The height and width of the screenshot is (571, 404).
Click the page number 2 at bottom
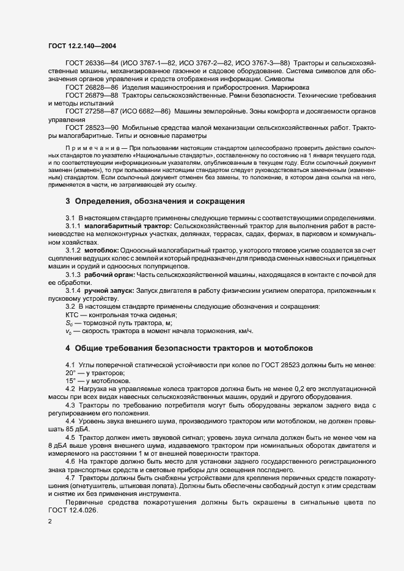point(50,522)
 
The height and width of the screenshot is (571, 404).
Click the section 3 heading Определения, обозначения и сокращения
point(155,201)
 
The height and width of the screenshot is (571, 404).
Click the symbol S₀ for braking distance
point(69,322)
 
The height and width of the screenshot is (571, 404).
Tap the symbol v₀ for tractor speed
point(68,331)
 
